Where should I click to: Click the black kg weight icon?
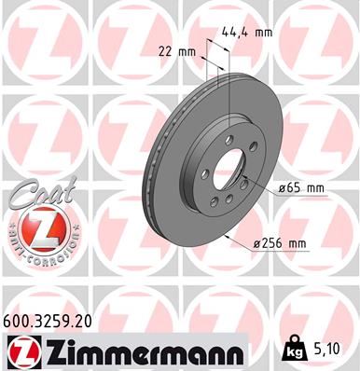tap(294, 350)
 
